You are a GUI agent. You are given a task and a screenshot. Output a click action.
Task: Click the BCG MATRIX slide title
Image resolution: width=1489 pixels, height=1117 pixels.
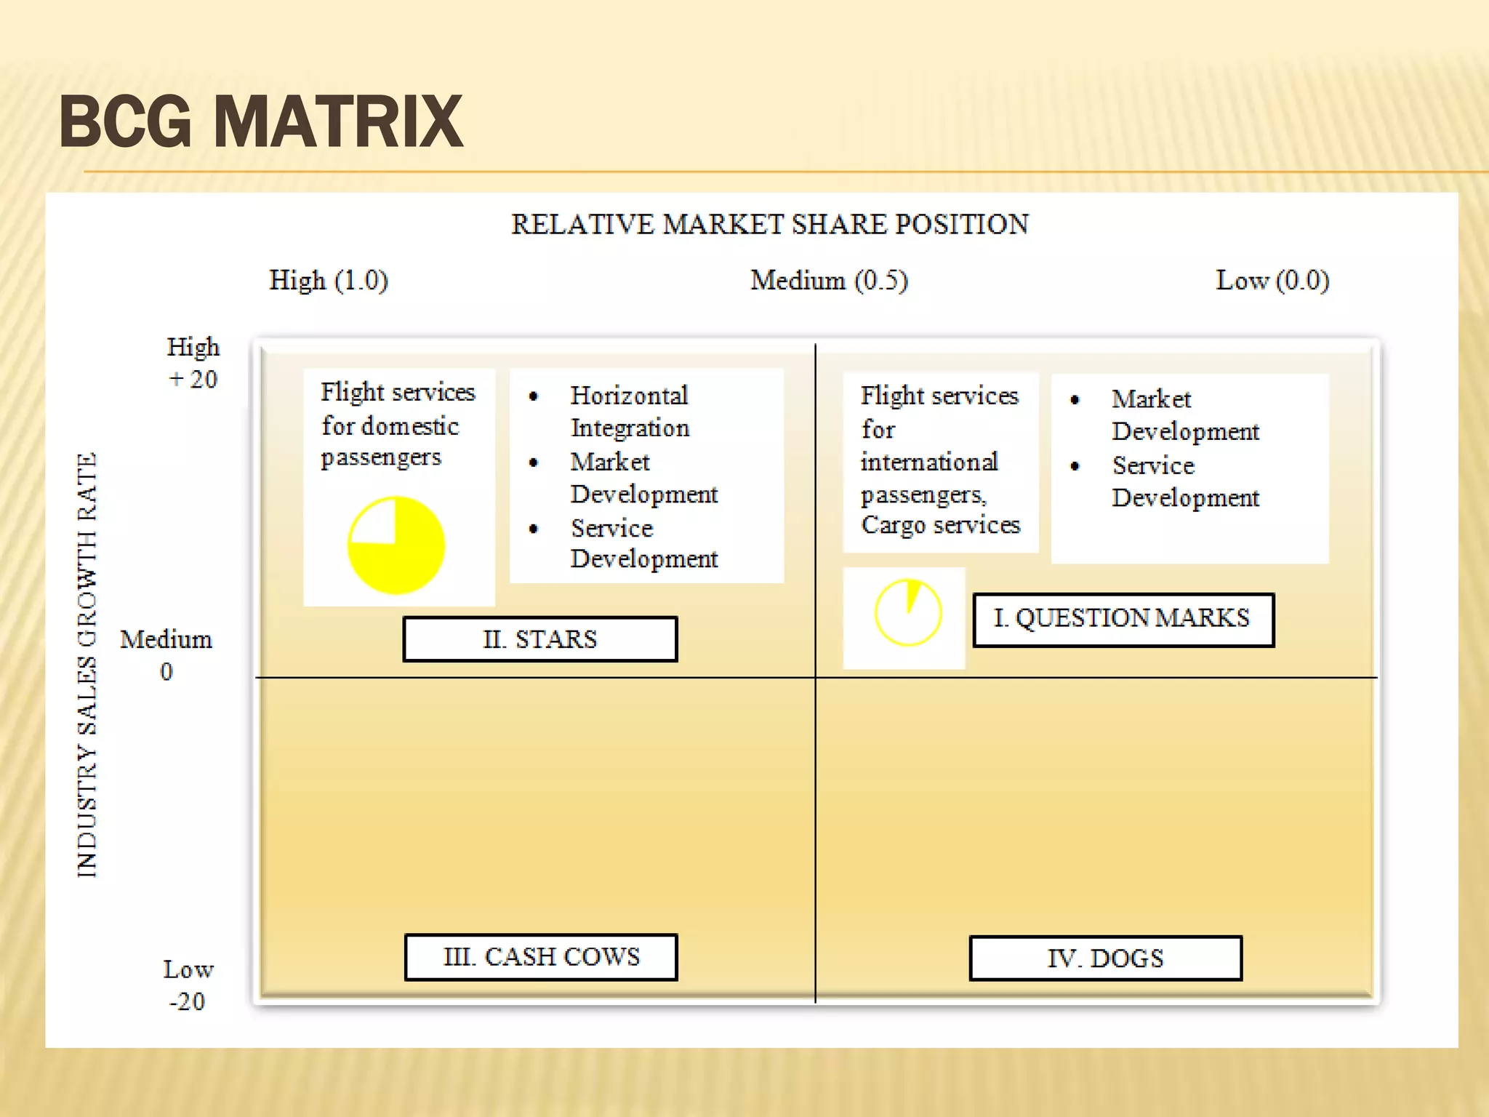point(260,121)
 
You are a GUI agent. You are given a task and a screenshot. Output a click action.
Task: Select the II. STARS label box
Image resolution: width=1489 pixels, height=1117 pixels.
point(540,639)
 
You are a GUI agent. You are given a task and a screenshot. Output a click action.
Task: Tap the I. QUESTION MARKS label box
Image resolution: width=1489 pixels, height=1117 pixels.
point(1123,620)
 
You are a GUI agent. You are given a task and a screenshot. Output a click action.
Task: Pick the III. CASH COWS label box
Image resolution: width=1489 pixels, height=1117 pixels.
point(541,957)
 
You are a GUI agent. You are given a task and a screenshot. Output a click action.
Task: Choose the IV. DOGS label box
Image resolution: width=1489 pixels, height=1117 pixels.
point(1105,958)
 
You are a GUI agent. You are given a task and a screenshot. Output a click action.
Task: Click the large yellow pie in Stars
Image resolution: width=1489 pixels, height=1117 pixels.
point(396,546)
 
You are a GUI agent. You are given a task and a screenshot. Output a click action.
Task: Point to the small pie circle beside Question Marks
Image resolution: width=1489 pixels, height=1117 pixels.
point(907,613)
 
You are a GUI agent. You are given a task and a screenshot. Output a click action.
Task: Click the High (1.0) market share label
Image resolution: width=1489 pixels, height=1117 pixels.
point(329,281)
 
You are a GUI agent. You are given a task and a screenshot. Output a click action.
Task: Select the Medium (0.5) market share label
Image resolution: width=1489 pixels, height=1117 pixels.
point(829,281)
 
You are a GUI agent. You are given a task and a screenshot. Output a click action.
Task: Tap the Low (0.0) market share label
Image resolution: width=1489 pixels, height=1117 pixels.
point(1272,281)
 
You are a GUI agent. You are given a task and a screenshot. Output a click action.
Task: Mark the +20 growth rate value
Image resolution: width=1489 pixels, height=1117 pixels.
point(193,380)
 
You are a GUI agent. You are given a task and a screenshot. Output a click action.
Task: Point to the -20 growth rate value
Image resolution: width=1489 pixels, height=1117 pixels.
point(187,1002)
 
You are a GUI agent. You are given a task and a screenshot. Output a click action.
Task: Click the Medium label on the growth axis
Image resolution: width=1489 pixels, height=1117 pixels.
point(166,640)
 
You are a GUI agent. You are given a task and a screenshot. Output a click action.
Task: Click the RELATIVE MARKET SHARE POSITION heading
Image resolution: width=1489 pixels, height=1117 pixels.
point(770,225)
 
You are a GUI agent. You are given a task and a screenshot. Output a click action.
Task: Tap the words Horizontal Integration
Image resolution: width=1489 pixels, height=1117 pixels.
point(630,412)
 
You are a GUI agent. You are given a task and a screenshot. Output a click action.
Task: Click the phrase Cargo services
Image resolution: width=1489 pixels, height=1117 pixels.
point(941,525)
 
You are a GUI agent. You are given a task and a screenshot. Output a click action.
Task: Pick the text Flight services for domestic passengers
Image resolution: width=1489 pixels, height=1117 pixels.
point(397,425)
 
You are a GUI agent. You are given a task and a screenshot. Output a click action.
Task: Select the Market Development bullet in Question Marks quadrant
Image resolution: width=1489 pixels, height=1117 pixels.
point(1185,415)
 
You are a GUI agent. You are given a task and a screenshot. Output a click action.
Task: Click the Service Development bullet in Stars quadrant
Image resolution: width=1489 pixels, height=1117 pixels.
point(643,543)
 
